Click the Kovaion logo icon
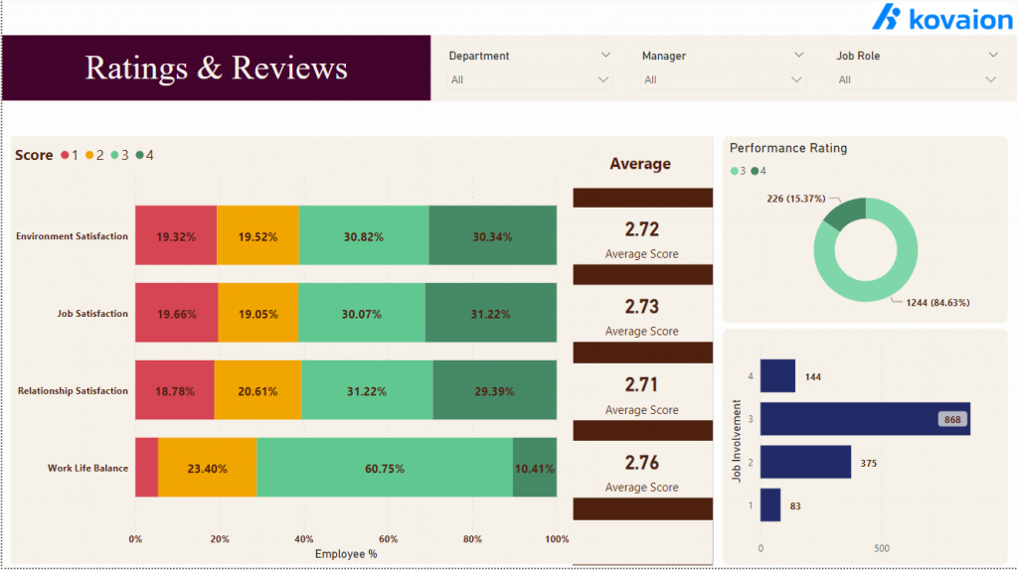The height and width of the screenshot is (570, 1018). point(887,18)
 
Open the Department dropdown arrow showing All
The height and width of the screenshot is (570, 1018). point(602,79)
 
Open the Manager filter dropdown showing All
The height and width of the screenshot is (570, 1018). point(796,79)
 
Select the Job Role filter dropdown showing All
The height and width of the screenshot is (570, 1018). point(990,79)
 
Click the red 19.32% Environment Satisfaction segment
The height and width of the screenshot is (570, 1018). point(176,236)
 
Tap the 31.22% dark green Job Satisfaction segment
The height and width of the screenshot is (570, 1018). point(490,314)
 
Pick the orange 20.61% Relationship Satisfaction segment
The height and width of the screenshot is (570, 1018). point(257,391)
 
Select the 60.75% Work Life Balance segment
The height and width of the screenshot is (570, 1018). point(385,469)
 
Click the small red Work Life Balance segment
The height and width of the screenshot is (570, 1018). point(146,469)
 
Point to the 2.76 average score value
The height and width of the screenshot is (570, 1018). point(641,462)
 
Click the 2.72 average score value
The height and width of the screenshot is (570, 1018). point(641,229)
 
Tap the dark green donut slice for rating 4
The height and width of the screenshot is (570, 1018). point(844,213)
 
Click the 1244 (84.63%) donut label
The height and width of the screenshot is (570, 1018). point(936,303)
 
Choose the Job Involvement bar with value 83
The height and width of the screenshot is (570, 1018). point(770,505)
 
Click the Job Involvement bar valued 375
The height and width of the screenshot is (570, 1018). point(805,462)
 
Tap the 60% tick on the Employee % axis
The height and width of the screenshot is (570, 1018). point(389,539)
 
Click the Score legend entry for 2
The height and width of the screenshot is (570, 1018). point(94,155)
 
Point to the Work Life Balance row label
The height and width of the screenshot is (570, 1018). point(87,468)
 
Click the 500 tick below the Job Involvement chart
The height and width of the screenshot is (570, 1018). point(881,548)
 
